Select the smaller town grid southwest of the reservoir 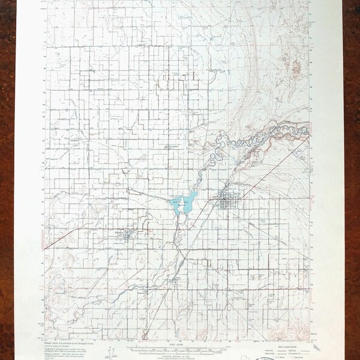127,234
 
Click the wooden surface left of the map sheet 18,180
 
